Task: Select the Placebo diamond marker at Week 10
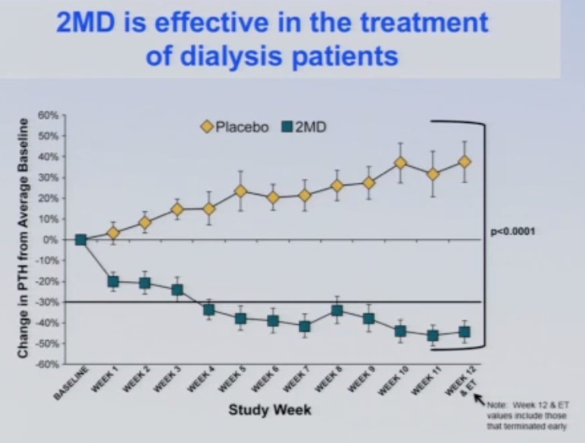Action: click(x=400, y=163)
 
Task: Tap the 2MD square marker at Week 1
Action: click(x=114, y=282)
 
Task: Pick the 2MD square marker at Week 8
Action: click(x=337, y=310)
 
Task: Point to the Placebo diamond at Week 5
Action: click(x=240, y=191)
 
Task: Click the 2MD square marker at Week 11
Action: click(x=433, y=335)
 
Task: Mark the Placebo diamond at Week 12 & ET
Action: click(x=464, y=162)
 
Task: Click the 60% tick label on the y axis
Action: click(x=48, y=116)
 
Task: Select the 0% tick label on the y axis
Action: click(x=51, y=240)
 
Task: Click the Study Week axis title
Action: click(x=271, y=410)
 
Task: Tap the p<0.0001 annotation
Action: click(x=513, y=232)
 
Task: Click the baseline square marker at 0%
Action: click(x=81, y=240)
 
